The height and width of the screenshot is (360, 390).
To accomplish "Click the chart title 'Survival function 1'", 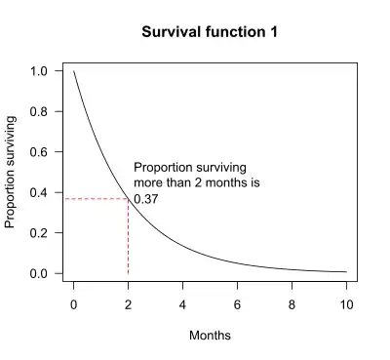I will coord(211,32).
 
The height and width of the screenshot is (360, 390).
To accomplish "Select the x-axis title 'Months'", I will coord(210,336).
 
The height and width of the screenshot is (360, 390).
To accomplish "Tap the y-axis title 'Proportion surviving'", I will coord(12,173).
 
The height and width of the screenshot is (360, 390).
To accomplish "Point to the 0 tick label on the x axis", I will coord(73,304).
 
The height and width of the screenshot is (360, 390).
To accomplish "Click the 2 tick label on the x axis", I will coord(128,304).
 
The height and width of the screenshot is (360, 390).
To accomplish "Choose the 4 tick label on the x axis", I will coord(182,304).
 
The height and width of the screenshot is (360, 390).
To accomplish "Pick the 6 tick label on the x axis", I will coord(237,304).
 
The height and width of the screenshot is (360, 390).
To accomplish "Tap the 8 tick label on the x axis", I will coord(292,304).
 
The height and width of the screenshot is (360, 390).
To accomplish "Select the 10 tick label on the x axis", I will coord(345,304).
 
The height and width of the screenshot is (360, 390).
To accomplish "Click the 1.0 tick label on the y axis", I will coord(40,71).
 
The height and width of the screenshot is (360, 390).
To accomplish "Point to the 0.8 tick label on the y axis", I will coord(40,112).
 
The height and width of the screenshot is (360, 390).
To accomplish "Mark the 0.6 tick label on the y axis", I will coord(40,152).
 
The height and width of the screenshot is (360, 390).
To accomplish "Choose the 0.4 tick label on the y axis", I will coord(40,193).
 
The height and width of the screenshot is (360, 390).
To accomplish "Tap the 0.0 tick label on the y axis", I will coord(40,274).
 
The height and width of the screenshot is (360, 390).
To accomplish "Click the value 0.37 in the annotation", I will coord(146,199).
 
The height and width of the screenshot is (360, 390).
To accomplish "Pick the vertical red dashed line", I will coord(128,239).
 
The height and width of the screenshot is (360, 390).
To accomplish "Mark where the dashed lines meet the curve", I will coord(128,199).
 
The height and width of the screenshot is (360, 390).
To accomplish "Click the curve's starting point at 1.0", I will coord(74,71).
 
